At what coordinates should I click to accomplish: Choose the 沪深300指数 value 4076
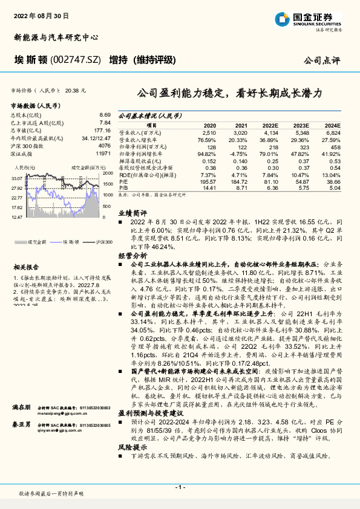(x=104, y=146)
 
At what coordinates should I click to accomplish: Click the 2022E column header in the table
(x=270, y=124)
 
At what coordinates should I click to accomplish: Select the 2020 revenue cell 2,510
(x=209, y=132)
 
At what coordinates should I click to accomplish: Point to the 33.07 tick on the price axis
(x=16, y=178)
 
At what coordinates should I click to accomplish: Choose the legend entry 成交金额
(x=38, y=242)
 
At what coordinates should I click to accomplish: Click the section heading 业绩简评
(x=133, y=213)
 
